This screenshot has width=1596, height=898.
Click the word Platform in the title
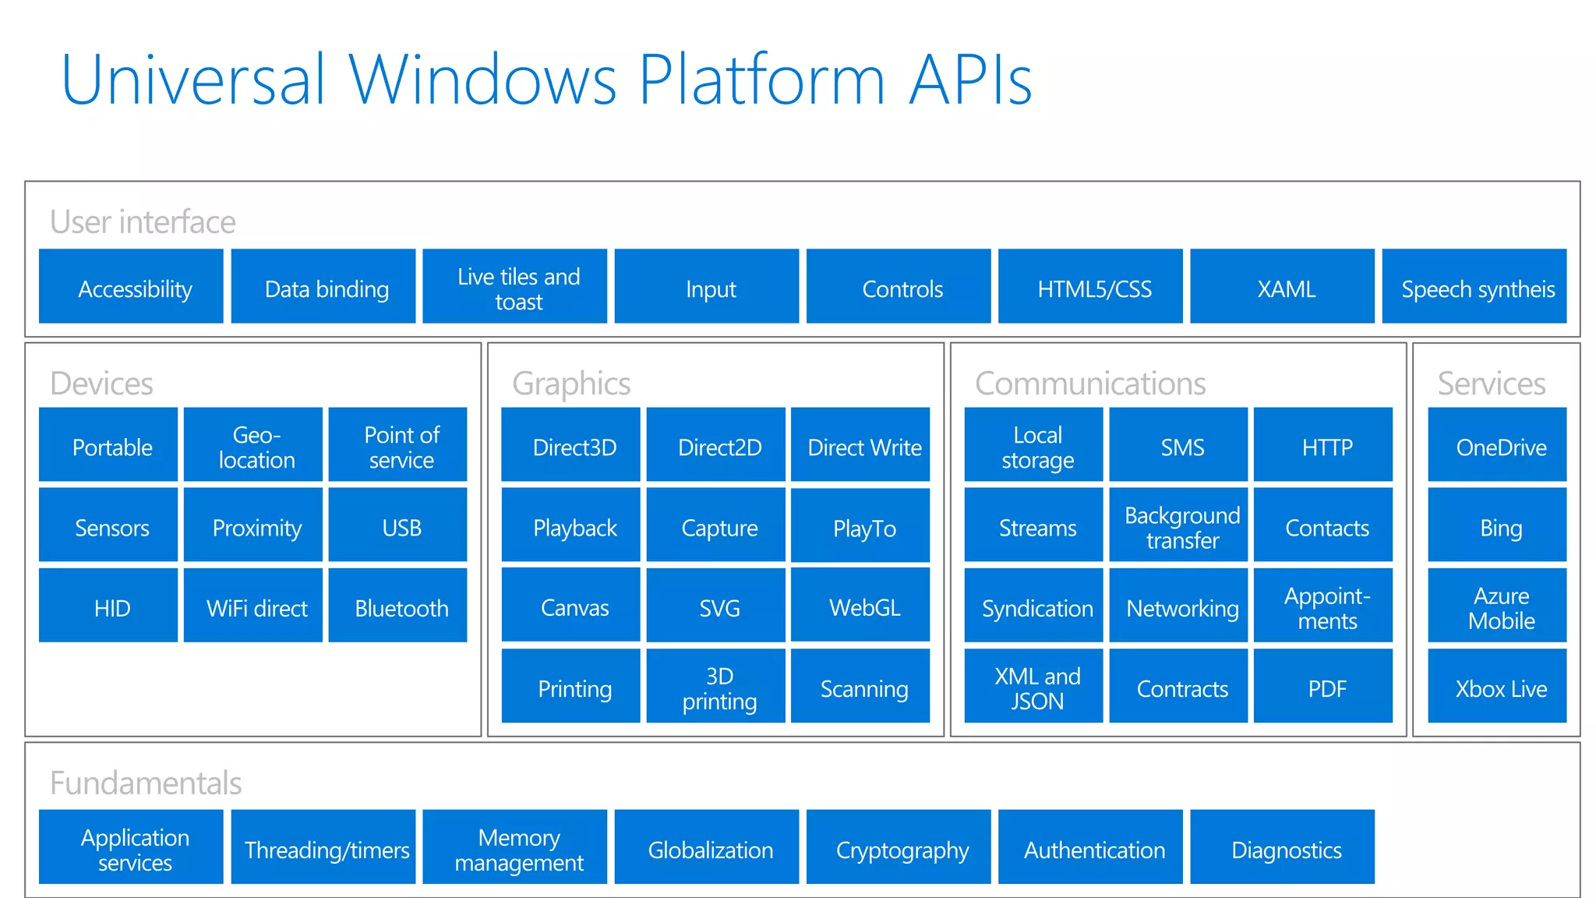762,80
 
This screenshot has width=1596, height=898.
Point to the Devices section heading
101,384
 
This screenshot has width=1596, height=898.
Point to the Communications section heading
1090,384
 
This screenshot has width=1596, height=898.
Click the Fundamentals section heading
146,783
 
